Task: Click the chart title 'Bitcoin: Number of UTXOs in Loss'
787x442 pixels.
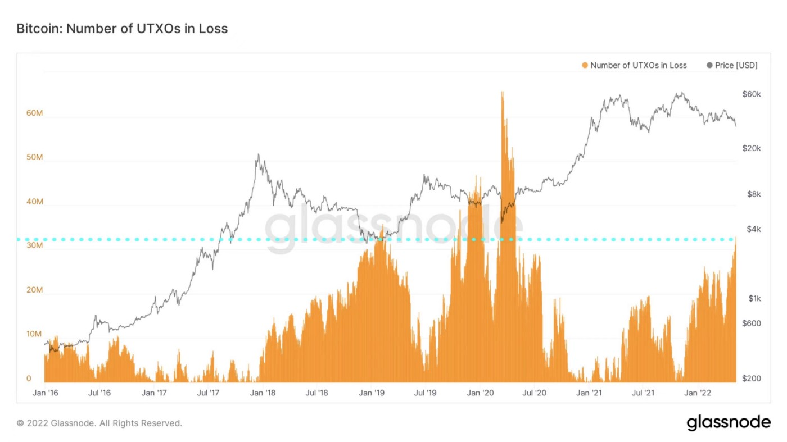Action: (x=122, y=29)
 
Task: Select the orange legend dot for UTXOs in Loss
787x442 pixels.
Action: (x=585, y=65)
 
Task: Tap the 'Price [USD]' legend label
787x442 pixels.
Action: (x=736, y=65)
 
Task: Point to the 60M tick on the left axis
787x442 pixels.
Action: (x=34, y=113)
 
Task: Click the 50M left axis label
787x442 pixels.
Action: (x=34, y=157)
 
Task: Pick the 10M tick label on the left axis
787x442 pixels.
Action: (x=34, y=334)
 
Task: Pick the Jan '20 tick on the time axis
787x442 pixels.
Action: (x=480, y=393)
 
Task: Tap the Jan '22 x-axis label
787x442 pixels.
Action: (x=698, y=393)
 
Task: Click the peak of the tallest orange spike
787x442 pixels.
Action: (x=502, y=92)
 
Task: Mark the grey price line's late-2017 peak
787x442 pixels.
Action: (x=258, y=155)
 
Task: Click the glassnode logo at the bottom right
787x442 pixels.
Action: (x=729, y=422)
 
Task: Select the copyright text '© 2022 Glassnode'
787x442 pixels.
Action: (x=99, y=423)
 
